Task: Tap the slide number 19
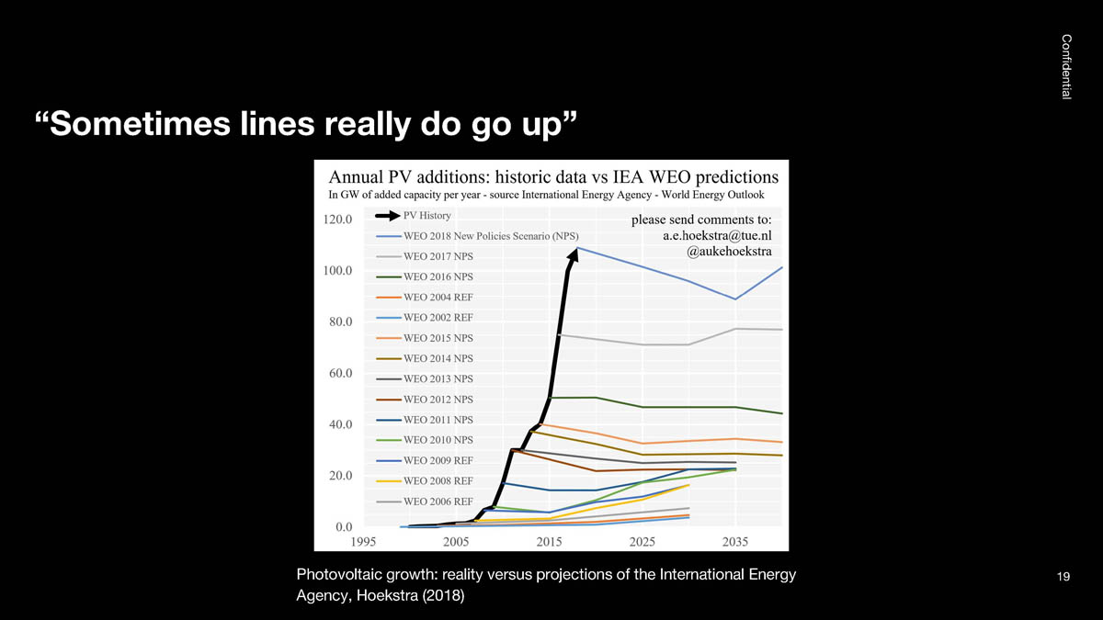(1064, 577)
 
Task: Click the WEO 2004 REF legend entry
(438, 297)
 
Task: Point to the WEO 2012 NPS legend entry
(438, 400)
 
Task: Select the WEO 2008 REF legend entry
(438, 480)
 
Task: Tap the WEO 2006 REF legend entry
(438, 502)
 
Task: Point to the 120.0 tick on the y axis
(338, 220)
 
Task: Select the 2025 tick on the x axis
(642, 542)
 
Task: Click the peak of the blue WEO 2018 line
(577, 247)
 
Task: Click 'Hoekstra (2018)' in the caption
(410, 596)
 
